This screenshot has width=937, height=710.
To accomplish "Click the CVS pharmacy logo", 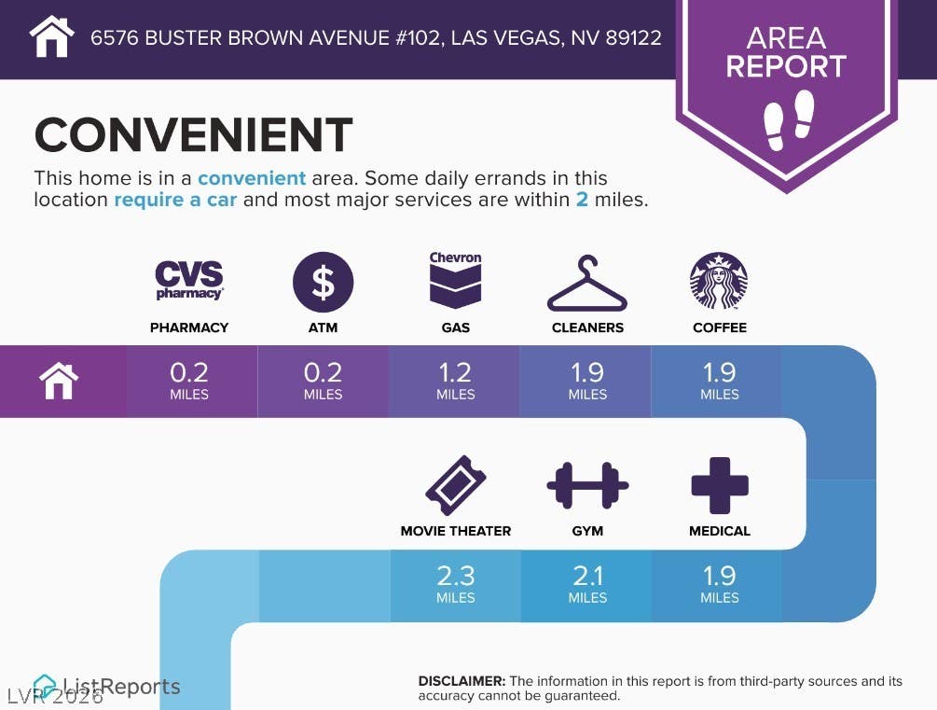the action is tap(189, 280).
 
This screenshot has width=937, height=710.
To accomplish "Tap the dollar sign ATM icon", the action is tap(323, 283).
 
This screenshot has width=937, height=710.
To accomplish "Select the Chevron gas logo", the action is tap(455, 279).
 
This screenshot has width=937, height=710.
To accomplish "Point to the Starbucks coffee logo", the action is tap(719, 281).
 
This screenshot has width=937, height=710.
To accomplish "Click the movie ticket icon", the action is tap(455, 485).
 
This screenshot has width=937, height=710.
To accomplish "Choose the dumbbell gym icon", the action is tap(587, 485).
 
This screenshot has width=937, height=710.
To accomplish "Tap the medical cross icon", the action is tap(720, 486).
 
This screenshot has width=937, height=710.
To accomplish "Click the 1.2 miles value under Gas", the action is tap(455, 381).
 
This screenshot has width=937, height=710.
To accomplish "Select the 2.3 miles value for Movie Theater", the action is tap(455, 584).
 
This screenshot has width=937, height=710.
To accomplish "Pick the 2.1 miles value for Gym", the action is tap(587, 584).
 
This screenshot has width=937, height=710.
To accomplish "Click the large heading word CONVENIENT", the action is tap(194, 134).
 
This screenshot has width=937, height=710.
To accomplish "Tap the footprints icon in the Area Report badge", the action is tap(789, 119).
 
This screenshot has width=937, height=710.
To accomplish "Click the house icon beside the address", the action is tap(52, 36).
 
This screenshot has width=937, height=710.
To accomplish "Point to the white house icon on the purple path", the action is tap(59, 381).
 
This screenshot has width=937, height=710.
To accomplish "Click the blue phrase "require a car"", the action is tap(175, 199).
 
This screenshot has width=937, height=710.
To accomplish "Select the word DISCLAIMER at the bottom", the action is tap(462, 681).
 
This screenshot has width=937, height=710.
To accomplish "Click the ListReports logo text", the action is tap(121, 687).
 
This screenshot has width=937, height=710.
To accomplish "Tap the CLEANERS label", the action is tap(587, 327).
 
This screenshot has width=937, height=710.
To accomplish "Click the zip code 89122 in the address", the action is tap(633, 37).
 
